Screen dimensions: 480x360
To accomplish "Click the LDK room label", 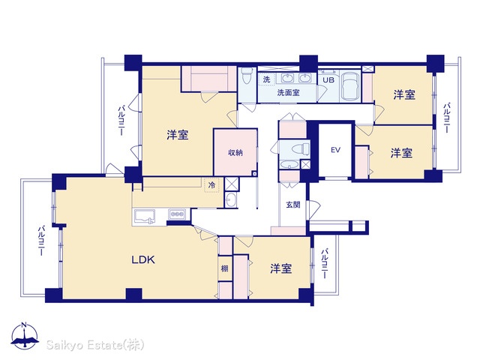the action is (143, 260).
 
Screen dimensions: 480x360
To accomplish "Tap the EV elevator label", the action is (335, 150).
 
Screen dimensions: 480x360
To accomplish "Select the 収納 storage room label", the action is (235, 152).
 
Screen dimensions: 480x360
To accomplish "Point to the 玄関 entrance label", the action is (293, 205).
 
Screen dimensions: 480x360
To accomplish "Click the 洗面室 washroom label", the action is (288, 92).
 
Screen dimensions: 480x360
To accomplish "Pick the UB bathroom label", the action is (328, 80).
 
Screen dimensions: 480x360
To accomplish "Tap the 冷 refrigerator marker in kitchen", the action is (211, 185).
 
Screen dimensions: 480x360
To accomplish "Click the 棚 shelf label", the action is (225, 268).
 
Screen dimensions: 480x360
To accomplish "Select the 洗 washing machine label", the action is (267, 79).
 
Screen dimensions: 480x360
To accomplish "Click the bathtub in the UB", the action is (351, 86).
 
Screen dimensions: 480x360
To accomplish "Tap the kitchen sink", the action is (144, 217).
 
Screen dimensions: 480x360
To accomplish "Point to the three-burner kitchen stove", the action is (177, 214).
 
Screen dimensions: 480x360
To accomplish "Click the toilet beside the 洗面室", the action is (246, 75).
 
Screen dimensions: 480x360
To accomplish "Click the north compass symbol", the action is (25, 335).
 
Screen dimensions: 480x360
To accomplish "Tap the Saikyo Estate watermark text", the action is (95, 345).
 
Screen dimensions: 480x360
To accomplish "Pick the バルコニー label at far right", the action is (447, 118).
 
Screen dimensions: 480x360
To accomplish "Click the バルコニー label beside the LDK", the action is (41, 241).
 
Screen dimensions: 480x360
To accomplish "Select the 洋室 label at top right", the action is (404, 95).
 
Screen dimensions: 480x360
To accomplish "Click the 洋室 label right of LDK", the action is (280, 268).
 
